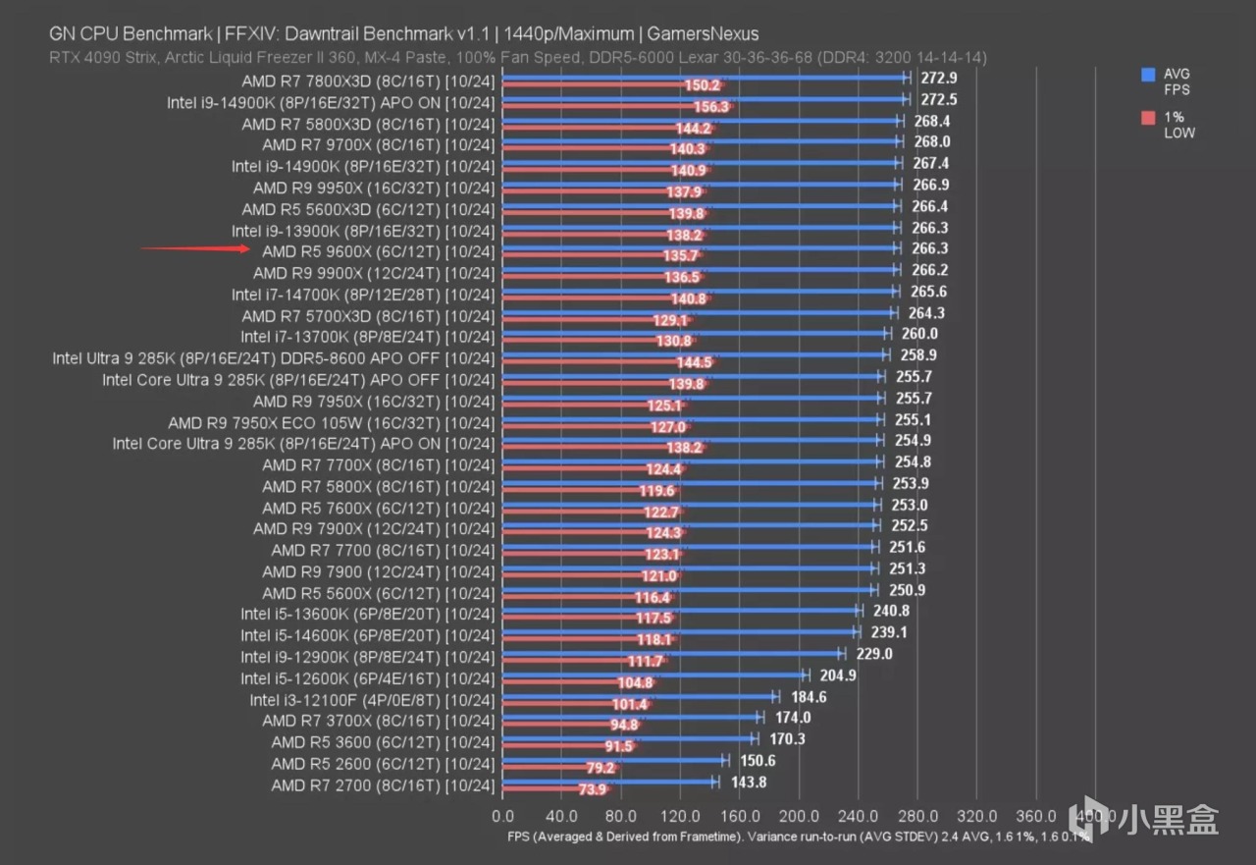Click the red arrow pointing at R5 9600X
tap(196, 248)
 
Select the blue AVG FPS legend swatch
tap(1147, 75)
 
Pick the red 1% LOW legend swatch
tap(1147, 118)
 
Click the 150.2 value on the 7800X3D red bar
tap(703, 86)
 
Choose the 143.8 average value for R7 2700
tap(748, 783)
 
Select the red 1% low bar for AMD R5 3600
tap(569, 747)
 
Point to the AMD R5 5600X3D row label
tap(367, 209)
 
